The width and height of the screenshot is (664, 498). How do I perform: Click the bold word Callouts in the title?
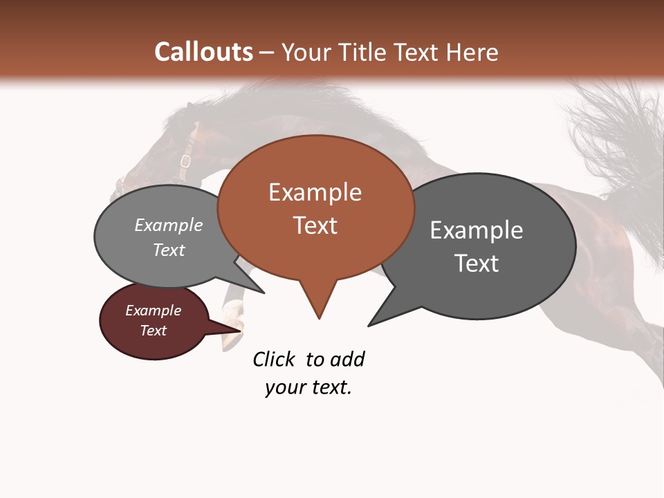pos(203,52)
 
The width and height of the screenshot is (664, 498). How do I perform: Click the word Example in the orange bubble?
pos(315,192)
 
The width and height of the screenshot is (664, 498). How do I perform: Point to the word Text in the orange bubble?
pos(315,225)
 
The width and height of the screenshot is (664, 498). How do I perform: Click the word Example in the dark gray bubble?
pos(477,230)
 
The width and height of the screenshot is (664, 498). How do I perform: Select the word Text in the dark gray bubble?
pos(477,264)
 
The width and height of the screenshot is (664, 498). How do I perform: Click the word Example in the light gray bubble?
pos(169,225)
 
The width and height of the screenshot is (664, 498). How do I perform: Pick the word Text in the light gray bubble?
pos(169,250)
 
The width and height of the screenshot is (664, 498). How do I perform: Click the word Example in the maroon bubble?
pos(154,311)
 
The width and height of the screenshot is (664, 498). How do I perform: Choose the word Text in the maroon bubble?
pos(154,331)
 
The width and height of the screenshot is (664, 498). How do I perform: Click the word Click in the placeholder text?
pos(274,360)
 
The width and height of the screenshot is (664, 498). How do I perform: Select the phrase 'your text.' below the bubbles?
pos(308,387)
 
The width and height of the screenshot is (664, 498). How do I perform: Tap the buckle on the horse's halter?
pos(185,162)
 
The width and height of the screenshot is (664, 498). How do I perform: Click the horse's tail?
pos(609,138)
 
